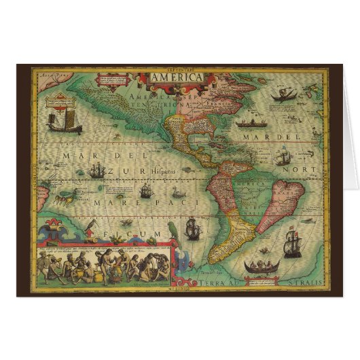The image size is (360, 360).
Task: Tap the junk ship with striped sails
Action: coord(59,116)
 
